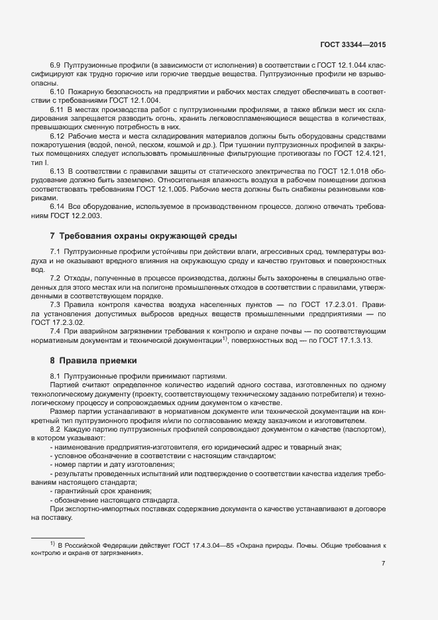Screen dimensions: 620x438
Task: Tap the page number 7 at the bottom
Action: (383, 563)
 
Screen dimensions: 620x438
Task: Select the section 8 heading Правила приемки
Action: (93, 361)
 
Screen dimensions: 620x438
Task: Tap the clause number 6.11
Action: (57, 108)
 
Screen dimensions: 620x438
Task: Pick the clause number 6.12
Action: (58, 135)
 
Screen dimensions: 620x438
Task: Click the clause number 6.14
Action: (58, 206)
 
